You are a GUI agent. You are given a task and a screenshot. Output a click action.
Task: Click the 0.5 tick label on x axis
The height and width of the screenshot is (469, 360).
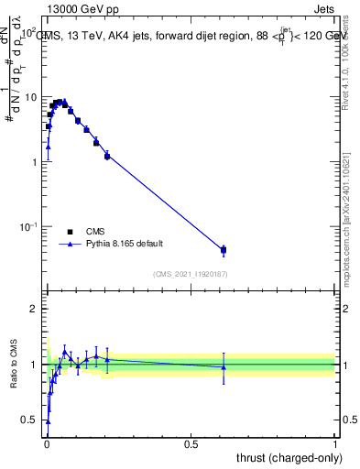tap(191, 444)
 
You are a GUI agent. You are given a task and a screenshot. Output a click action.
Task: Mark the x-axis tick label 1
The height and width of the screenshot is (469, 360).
tap(334, 444)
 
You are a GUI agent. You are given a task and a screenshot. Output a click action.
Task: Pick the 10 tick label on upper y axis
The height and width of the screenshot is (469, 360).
tap(31, 97)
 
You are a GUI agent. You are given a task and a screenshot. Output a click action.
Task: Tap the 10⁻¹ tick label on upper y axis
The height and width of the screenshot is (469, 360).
tap(28, 226)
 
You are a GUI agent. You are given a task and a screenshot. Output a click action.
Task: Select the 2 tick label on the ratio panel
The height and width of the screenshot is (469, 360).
tap(34, 309)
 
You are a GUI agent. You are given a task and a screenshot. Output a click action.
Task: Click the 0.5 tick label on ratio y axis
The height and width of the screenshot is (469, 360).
tap(29, 420)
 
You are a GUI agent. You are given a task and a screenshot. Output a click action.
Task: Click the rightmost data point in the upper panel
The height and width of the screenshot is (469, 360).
tap(224, 249)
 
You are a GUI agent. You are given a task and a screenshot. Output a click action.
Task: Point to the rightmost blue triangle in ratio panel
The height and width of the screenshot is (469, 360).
tap(224, 367)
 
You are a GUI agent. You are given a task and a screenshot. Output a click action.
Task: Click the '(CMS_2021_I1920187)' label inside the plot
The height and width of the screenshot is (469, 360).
tap(190, 273)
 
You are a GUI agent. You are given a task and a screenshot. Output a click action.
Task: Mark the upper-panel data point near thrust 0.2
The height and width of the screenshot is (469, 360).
tap(107, 156)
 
